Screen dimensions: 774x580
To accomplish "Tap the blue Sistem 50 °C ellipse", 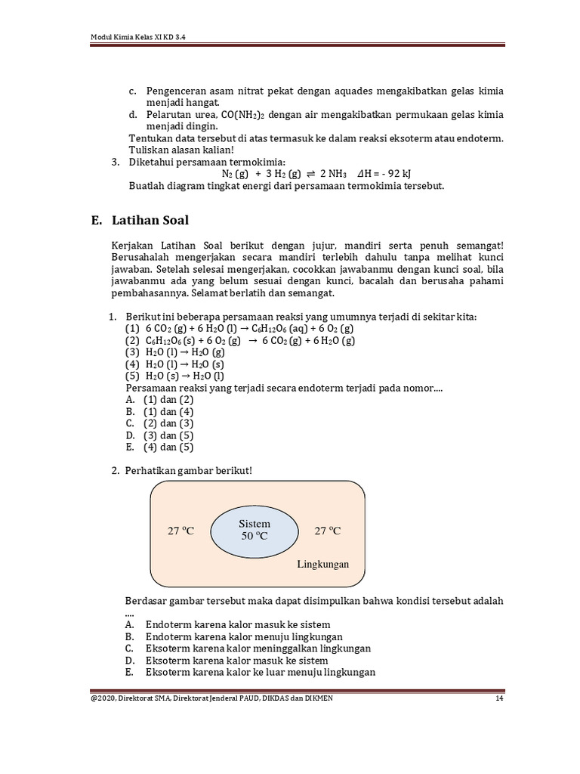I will point(255,529).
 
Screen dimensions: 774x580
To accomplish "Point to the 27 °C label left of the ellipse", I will point(180,531).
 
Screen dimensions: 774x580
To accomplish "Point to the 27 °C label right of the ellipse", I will point(327,531).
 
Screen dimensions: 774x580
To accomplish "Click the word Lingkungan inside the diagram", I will point(322,564).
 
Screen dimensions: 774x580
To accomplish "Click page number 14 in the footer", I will point(499,698).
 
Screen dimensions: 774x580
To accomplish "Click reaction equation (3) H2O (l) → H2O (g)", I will point(174,352).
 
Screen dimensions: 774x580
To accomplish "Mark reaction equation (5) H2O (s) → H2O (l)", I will point(174,376).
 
